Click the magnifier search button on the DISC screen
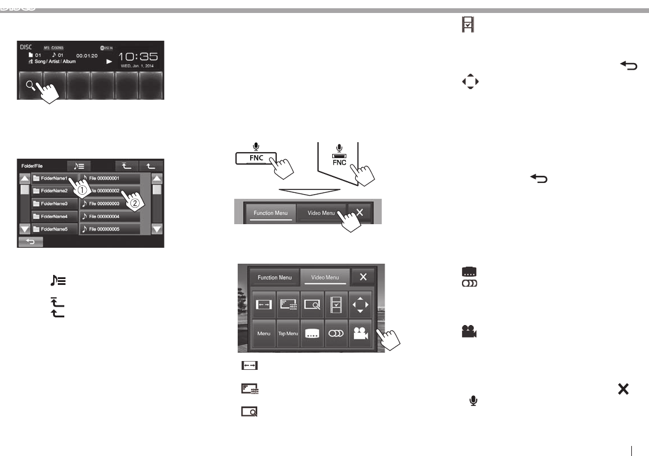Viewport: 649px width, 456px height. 29,86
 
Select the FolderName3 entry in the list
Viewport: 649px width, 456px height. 54,204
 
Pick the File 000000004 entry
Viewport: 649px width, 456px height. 110,216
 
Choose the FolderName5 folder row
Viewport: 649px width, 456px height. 54,229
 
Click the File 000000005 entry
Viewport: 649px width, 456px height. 110,229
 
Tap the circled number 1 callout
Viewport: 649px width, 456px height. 83,191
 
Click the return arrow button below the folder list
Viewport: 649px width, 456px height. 30,241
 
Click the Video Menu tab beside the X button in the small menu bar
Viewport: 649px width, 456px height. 321,212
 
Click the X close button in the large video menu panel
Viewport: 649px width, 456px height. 363,277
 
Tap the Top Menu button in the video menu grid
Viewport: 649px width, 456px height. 288,333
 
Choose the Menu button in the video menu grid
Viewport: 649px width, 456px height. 264,333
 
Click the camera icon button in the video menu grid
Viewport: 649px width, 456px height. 360,333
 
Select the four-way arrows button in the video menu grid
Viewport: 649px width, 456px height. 360,305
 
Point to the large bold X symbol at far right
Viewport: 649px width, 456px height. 622,389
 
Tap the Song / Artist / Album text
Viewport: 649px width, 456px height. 55,62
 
